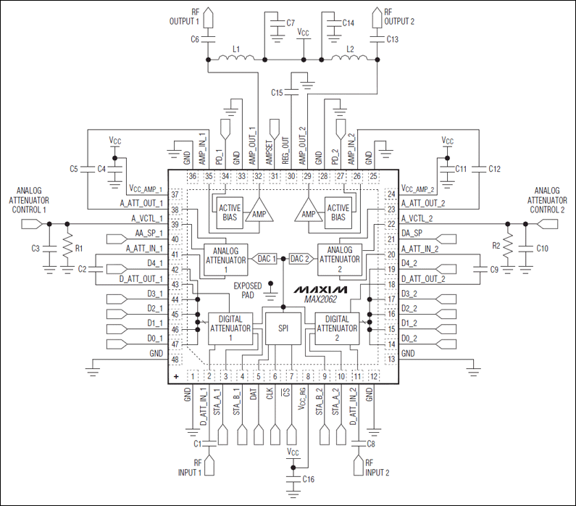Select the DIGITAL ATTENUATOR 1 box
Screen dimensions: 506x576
point(230,328)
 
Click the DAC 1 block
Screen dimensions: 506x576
point(266,259)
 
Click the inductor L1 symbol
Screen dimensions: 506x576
point(236,59)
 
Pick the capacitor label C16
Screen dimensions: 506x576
point(309,479)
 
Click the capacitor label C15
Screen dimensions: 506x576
point(277,93)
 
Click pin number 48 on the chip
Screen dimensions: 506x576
point(175,360)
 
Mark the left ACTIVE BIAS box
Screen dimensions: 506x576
point(230,212)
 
